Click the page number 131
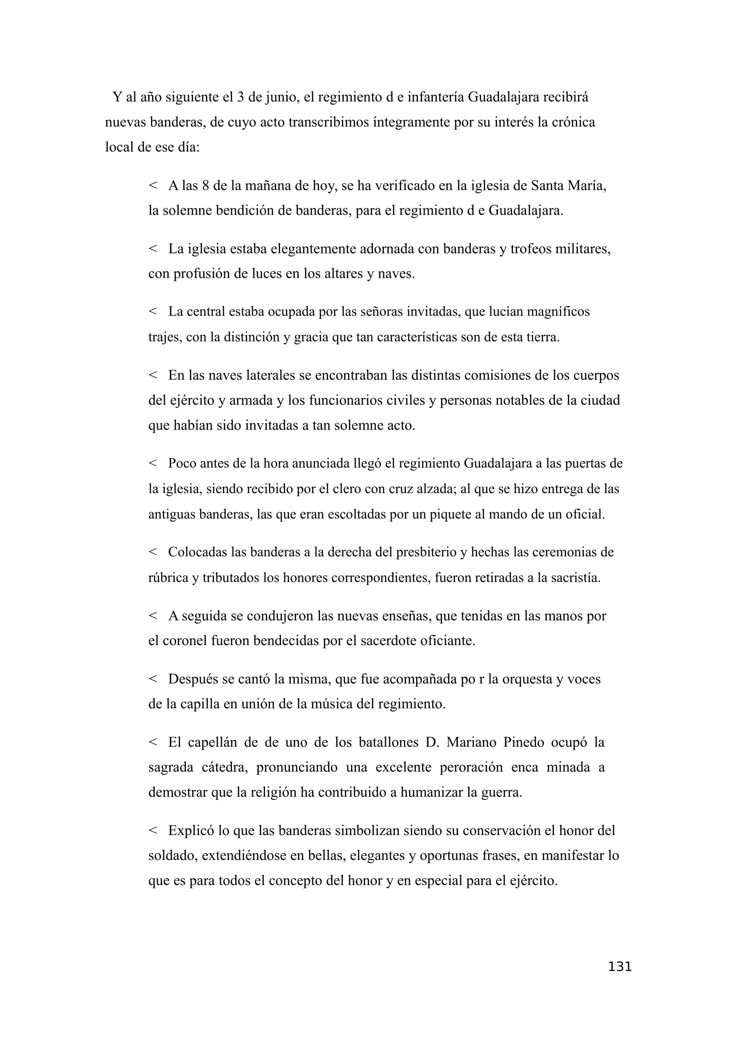(x=619, y=979)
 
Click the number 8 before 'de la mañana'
(x=205, y=186)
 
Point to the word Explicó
(x=191, y=830)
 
